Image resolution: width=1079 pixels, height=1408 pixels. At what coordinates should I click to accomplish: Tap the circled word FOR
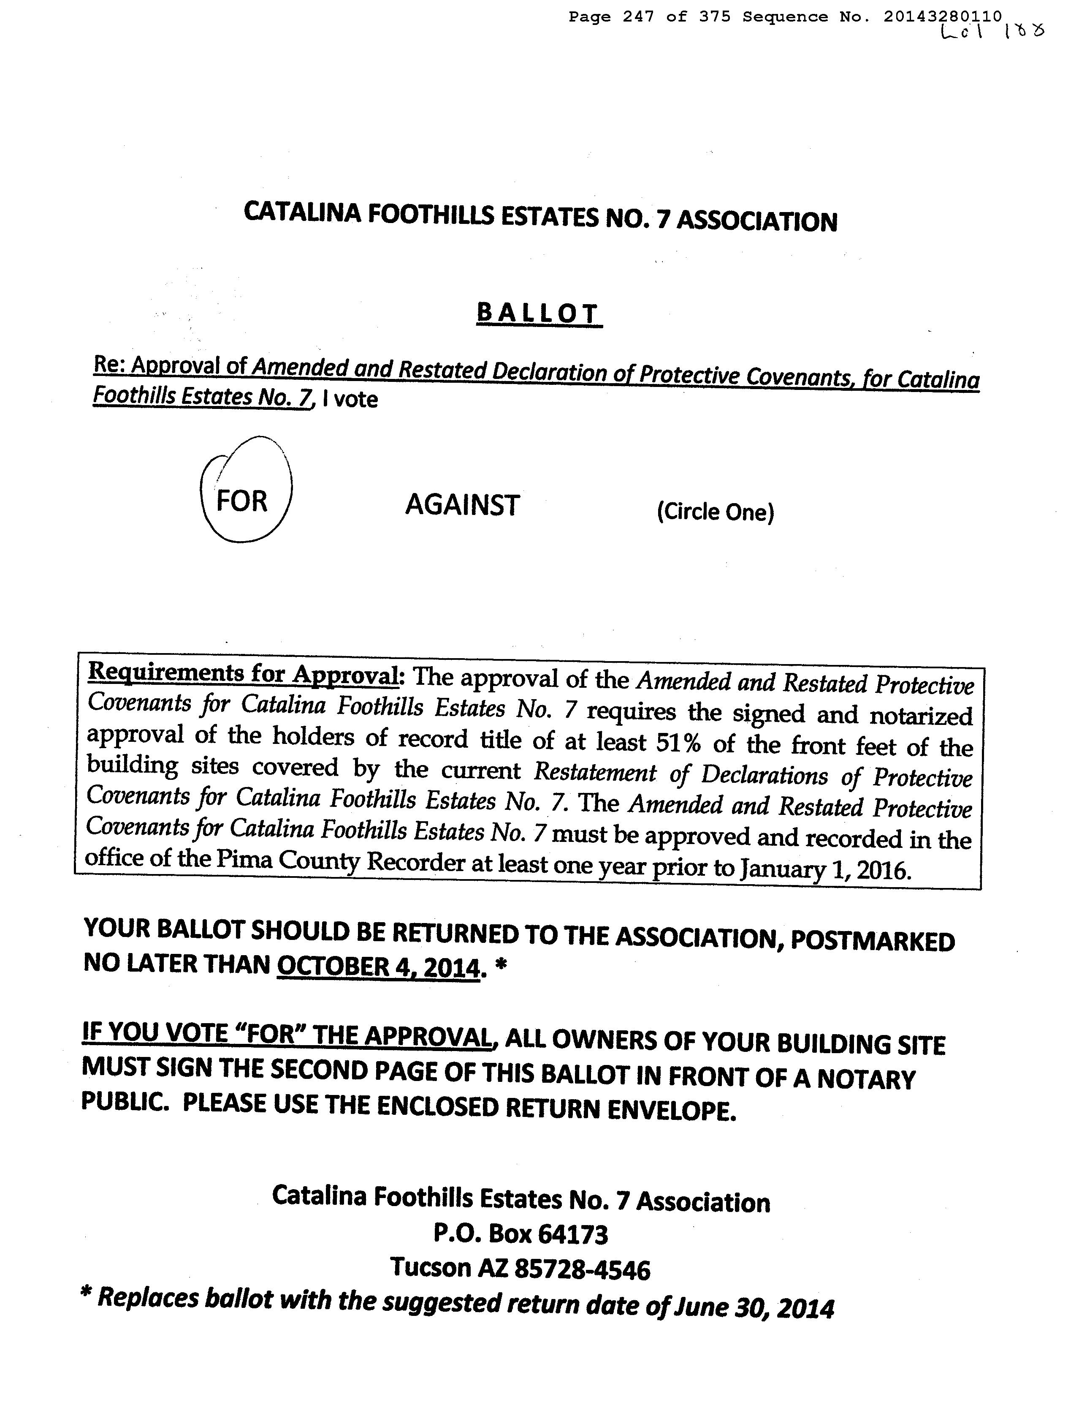point(241,500)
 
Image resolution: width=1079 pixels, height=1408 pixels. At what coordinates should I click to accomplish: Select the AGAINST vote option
point(462,505)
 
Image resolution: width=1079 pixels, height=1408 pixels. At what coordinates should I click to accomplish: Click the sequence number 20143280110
point(942,17)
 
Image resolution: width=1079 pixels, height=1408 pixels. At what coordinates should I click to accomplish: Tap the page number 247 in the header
point(638,17)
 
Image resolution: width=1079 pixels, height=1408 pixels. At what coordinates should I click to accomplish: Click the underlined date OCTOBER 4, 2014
point(378,967)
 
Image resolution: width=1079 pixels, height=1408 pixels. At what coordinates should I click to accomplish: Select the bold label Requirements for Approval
point(243,673)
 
